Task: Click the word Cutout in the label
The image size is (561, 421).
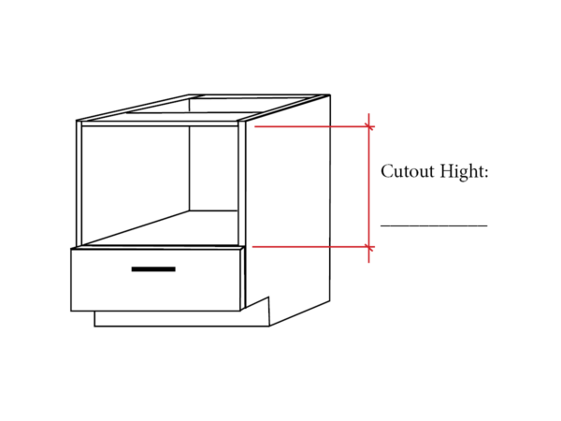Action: coord(407,171)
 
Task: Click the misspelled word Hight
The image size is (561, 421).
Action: coord(462,172)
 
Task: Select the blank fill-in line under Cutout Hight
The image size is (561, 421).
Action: coord(434,225)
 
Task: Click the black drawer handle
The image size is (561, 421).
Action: coord(153,269)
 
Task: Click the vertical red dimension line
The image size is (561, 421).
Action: coord(369,188)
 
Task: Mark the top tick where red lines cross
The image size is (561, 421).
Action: coord(369,126)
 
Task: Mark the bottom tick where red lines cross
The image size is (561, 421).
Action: coord(369,247)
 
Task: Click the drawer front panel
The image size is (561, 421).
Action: coord(155,280)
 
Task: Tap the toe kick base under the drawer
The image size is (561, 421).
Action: coord(181,319)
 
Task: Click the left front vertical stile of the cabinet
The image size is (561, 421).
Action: coord(79,183)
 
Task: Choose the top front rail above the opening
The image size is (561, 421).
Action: coord(160,123)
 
